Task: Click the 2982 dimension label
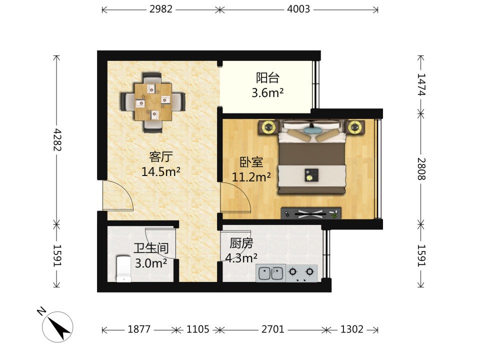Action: point(161,9)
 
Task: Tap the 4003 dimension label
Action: point(298,9)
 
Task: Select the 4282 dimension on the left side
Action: point(57,139)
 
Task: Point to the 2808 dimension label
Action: point(421,168)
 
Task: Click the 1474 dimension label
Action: point(421,84)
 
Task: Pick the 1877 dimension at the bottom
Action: point(139,329)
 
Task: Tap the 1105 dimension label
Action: point(198,329)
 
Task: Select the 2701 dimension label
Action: point(273,329)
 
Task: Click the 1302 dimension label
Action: point(351,329)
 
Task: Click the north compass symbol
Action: point(57,326)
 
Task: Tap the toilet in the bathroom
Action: point(123,269)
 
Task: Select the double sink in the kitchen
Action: point(270,273)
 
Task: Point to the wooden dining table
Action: point(153,101)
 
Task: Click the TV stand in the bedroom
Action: point(311,213)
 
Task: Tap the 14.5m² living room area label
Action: point(160,171)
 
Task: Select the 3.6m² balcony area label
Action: point(267,92)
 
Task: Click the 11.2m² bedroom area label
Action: point(251,176)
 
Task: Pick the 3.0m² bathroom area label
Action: point(151,262)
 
